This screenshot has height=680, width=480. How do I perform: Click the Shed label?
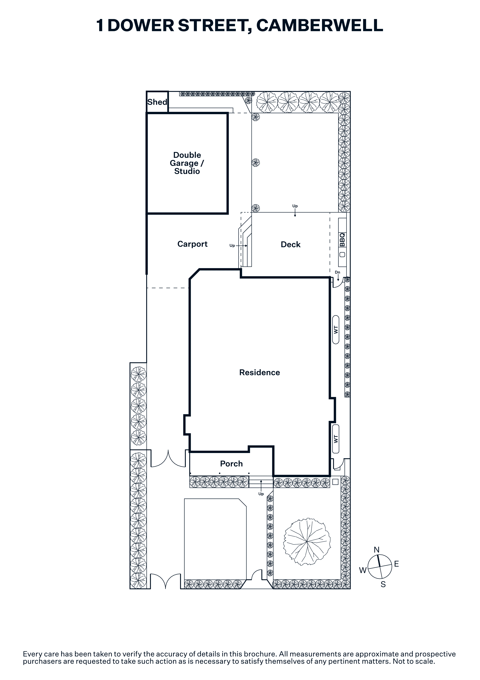click(x=157, y=102)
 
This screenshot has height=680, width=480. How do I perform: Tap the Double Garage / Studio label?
click(x=187, y=163)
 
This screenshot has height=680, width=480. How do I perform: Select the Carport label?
click(x=192, y=244)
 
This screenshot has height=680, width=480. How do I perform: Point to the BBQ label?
click(x=342, y=240)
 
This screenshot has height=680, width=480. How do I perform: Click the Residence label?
click(x=259, y=372)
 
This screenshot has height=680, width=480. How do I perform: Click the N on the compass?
click(x=376, y=550)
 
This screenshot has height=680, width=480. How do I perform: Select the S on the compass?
click(x=383, y=584)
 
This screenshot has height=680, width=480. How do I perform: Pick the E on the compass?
click(x=397, y=564)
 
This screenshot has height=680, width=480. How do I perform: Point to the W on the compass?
click(x=363, y=570)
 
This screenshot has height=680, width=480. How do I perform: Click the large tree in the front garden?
click(x=307, y=542)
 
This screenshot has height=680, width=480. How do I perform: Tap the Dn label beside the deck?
click(x=337, y=272)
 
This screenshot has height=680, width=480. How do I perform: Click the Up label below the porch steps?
click(x=261, y=494)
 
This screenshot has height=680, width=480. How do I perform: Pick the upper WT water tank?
click(x=336, y=330)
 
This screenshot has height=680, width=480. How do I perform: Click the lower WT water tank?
click(x=336, y=439)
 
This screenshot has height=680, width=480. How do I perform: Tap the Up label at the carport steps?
click(x=232, y=246)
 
